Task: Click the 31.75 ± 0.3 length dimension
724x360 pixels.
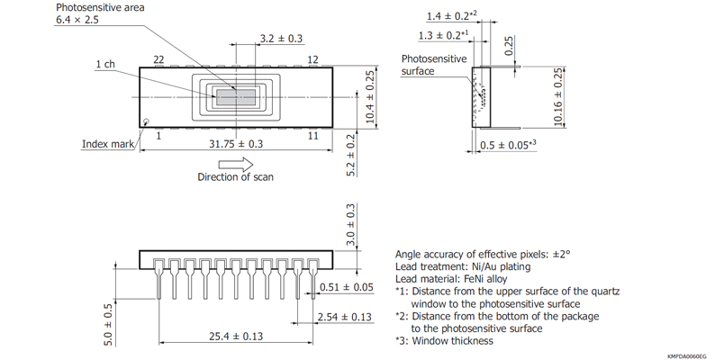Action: [x=236, y=144]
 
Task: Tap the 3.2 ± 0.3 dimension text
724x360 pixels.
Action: [x=281, y=39]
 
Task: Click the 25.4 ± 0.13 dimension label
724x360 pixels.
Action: [x=235, y=337]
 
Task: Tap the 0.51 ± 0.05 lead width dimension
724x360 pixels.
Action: [x=346, y=287]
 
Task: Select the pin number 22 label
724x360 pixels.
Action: [x=158, y=59]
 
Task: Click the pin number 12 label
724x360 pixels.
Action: [x=313, y=59]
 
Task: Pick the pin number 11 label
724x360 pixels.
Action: [x=313, y=135]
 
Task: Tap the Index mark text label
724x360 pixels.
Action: [x=107, y=144]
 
